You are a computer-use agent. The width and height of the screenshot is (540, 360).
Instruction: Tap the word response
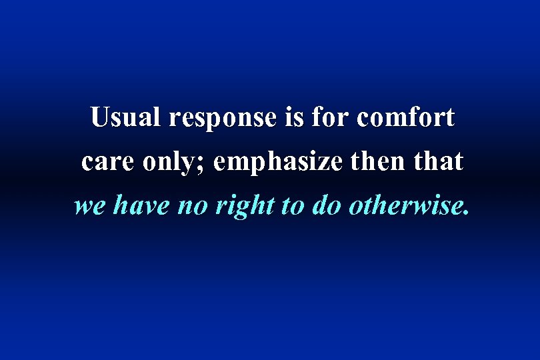(x=223, y=119)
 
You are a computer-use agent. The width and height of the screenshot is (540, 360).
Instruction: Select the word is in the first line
(x=294, y=118)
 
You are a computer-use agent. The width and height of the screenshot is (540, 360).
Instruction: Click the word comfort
(x=406, y=118)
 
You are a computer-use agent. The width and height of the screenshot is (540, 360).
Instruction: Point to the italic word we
(x=89, y=207)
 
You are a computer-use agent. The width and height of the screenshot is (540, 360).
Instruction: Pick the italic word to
(x=291, y=207)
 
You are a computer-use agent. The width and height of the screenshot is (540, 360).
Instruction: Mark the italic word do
(x=325, y=207)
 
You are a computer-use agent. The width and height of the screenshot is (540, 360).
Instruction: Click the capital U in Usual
(x=100, y=117)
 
